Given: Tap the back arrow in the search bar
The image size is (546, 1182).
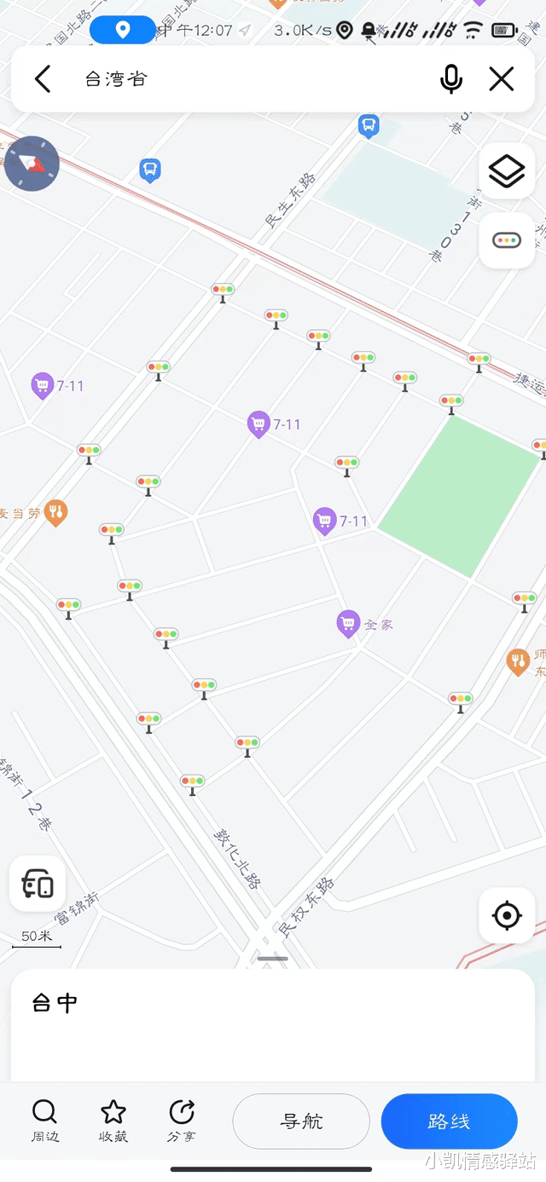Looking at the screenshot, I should point(43,79).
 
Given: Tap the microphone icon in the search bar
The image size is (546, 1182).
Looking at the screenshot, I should point(451,79).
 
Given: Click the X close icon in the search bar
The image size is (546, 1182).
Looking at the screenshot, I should point(502,79).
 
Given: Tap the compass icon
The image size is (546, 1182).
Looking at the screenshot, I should point(32,163).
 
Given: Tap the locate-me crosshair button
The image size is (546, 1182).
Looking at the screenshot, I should point(507,916).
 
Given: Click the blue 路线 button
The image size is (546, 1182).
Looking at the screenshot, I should point(449,1121).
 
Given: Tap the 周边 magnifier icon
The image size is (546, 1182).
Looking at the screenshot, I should point(44,1112).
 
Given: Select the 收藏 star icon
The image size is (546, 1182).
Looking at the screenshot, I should point(113,1112).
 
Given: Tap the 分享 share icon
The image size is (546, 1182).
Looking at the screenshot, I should point(182,1112).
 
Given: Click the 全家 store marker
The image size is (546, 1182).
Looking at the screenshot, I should point(347,624).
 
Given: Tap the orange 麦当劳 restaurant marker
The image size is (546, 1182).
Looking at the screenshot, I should point(55,512).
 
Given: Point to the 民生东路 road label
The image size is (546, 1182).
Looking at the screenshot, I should point(290,200).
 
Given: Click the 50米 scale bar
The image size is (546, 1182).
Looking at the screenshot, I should point(37,938).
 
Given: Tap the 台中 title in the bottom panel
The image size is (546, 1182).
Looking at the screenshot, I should point(55,1003).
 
